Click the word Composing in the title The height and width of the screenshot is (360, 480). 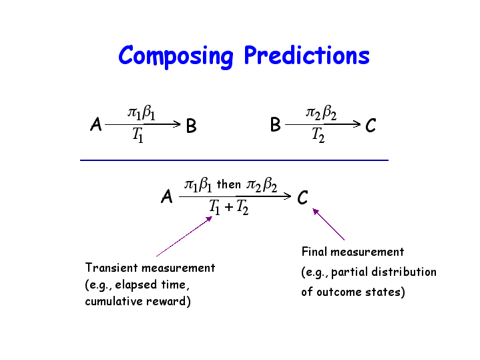[176, 56]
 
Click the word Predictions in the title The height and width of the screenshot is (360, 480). [306, 55]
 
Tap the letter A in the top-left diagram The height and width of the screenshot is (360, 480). [96, 124]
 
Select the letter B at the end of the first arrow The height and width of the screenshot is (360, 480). [192, 126]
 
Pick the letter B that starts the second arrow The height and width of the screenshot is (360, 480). [276, 125]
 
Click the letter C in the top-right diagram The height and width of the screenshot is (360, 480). [371, 126]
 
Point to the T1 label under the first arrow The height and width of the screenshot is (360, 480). [138, 135]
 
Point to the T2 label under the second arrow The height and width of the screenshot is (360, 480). [318, 135]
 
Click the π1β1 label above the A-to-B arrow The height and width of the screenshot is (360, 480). [142, 113]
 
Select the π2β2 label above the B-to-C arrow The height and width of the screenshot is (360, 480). [321, 113]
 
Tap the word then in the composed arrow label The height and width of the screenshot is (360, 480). [229, 184]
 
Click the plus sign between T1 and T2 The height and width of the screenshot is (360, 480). [229, 208]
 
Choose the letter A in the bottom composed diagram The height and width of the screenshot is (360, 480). [167, 196]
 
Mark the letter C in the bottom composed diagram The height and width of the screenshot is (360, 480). [302, 197]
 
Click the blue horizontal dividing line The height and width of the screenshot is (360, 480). [234, 160]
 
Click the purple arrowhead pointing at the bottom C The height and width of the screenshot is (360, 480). [315, 212]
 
